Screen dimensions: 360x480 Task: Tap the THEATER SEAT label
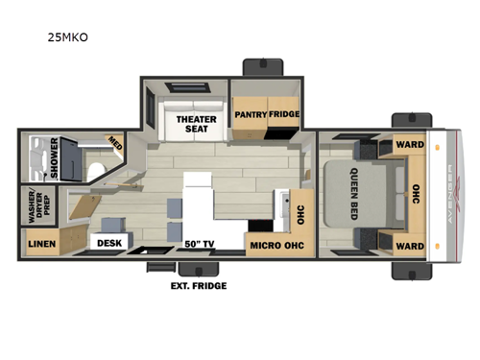pos(195,126)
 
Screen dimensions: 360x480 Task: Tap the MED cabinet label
pos(114,145)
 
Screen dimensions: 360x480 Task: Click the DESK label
pos(108,244)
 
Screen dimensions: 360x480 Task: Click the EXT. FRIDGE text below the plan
pos(194,285)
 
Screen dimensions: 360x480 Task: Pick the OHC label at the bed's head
pos(416,195)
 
